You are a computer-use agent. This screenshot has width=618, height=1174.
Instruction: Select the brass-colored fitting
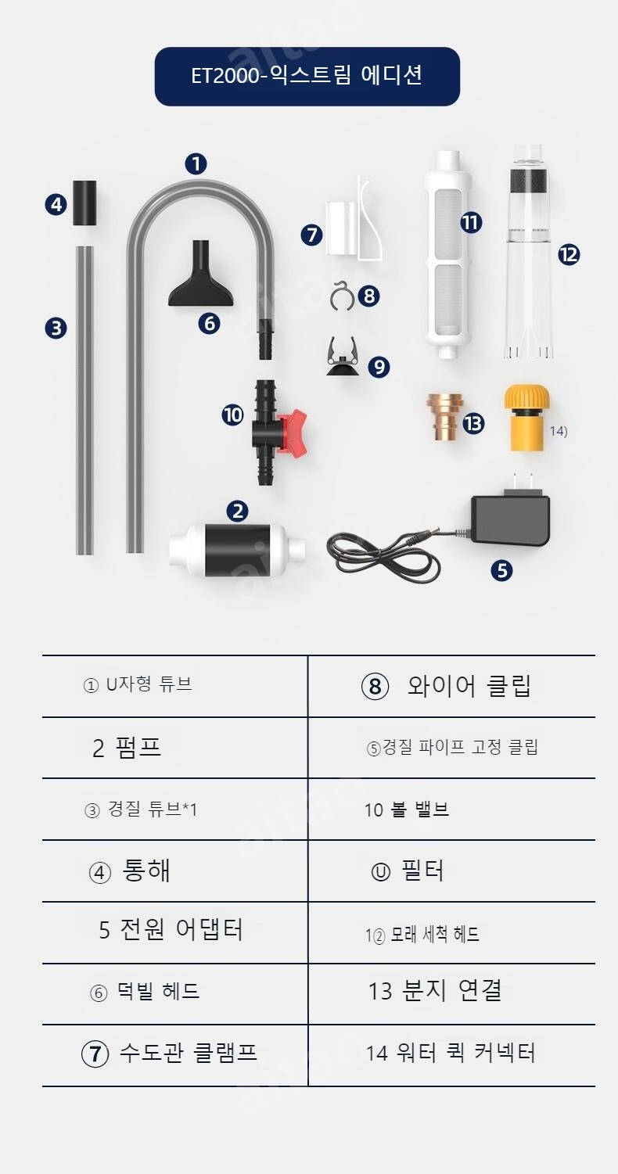coord(444,417)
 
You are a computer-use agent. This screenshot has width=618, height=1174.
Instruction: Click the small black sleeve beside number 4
coord(84,203)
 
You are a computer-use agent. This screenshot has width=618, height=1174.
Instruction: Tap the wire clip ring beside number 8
coord(343,296)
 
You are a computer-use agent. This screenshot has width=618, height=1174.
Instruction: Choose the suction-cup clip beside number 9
coord(343,357)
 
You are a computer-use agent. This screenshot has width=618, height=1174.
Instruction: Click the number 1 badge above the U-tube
coord(196,164)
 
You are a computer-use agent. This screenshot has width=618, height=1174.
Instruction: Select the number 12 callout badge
coord(569,255)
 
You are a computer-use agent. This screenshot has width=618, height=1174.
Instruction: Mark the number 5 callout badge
coord(501,570)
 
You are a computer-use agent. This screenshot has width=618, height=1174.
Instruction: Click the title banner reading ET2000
coord(307,77)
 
